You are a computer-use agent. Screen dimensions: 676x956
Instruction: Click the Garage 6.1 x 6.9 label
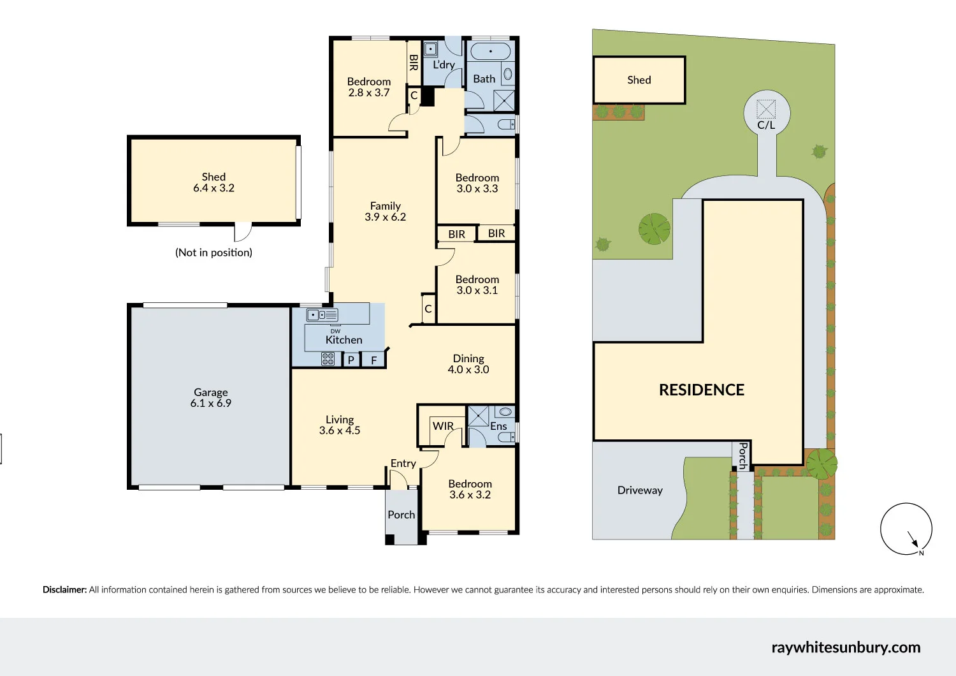(210, 398)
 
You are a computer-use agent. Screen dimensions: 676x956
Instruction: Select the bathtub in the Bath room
(490, 51)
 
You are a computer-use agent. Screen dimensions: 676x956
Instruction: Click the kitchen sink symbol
(322, 315)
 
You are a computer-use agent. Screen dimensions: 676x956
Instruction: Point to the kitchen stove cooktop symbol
(328, 359)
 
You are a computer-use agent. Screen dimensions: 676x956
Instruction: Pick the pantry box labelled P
(351, 360)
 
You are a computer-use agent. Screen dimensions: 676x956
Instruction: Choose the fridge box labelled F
(374, 360)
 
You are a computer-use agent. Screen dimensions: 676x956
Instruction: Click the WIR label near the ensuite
(443, 426)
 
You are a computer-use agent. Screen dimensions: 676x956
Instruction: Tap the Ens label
(498, 426)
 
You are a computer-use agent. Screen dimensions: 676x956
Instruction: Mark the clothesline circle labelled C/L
(767, 114)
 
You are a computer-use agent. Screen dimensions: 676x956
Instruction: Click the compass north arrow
(912, 538)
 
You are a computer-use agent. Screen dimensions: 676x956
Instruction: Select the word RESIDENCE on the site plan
(701, 390)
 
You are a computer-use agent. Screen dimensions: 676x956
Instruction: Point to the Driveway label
(640, 490)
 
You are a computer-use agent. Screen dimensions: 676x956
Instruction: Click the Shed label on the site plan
(639, 80)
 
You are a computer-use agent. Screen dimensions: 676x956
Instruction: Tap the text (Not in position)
(214, 253)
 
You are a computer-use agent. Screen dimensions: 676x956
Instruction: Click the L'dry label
(444, 64)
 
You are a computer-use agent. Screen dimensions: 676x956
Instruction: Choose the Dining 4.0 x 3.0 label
(468, 364)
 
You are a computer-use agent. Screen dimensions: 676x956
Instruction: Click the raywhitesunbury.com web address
(846, 647)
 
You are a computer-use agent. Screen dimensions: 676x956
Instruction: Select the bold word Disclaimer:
(64, 590)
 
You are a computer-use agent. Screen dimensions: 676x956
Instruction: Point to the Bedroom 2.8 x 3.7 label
(369, 87)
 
